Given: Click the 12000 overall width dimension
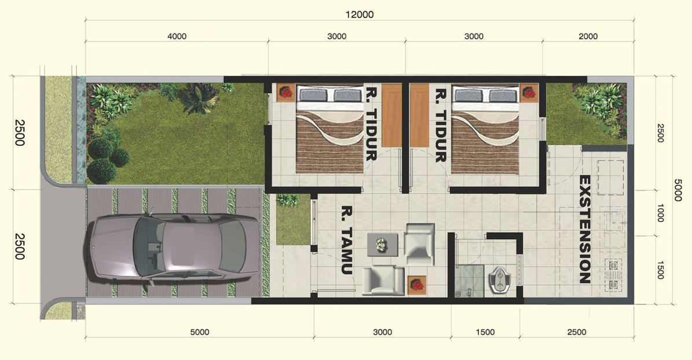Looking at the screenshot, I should click(361, 15).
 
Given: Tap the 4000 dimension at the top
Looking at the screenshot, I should click(177, 36).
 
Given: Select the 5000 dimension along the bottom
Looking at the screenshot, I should click(199, 332).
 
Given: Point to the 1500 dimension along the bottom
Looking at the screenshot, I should click(485, 332).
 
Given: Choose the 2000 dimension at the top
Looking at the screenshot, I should click(588, 36).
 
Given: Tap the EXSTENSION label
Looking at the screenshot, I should click(584, 230).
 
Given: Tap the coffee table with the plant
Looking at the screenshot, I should click(382, 245).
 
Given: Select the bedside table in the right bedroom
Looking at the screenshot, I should click(528, 93).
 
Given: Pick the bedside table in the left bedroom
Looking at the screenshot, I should click(286, 93).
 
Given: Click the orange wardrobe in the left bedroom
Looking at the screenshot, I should click(392, 115).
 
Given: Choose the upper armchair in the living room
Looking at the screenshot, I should click(419, 242).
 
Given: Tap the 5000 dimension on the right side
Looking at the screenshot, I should click(678, 189).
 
